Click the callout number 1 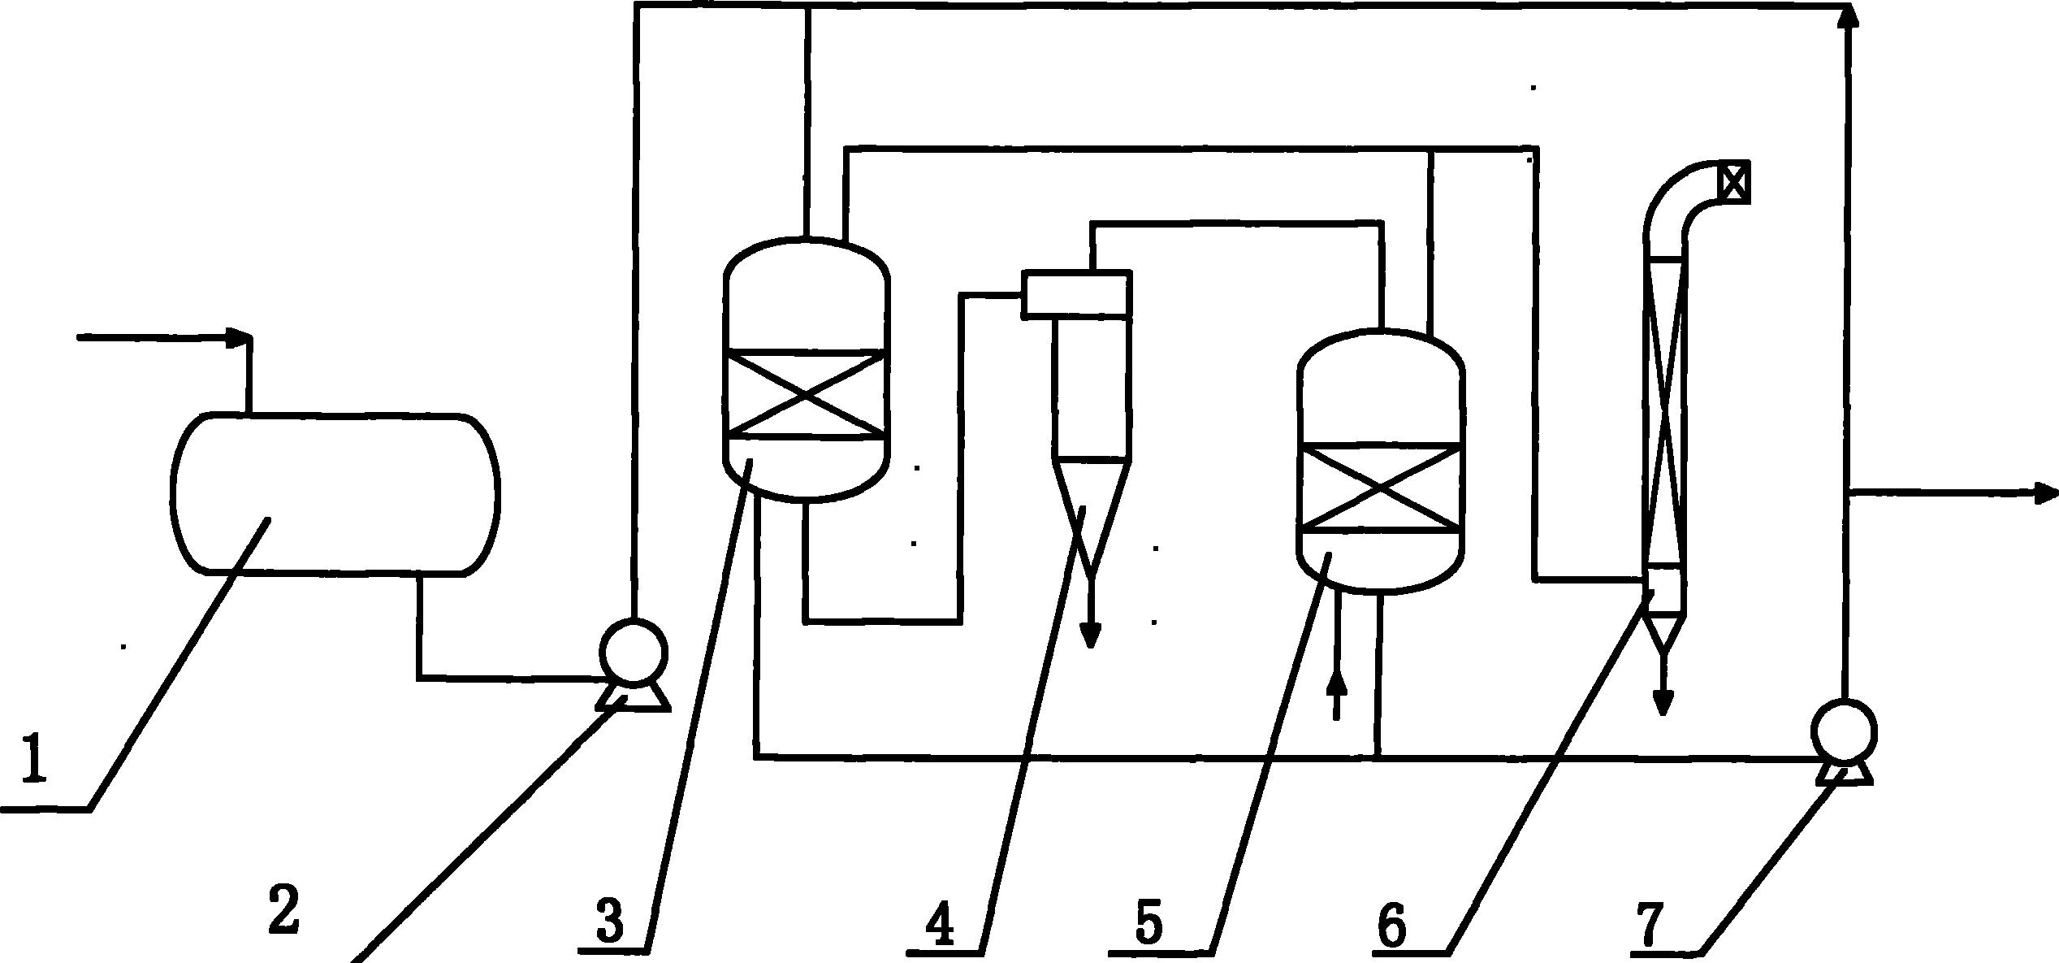point(34,758)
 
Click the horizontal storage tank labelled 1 point(335,495)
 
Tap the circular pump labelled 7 point(1844,732)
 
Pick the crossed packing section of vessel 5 point(1381,487)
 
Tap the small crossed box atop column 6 point(1732,182)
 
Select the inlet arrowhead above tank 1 point(240,338)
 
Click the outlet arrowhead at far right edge point(2047,492)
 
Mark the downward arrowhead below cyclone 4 point(1091,635)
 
